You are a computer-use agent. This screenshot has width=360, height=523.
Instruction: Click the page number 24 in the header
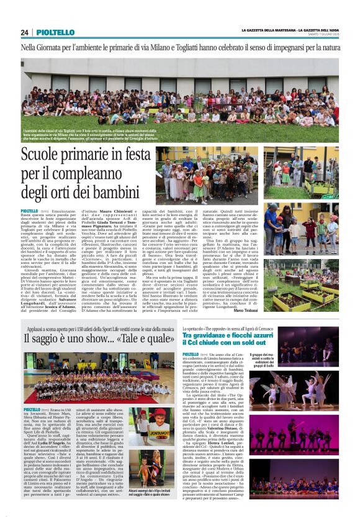25,32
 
